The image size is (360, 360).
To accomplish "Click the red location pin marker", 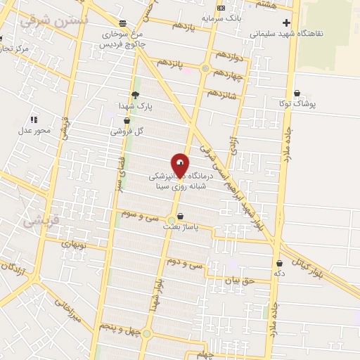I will click(180, 165).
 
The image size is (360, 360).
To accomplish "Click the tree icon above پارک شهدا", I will click(135, 95).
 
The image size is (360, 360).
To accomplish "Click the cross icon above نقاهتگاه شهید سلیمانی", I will click(286, 22).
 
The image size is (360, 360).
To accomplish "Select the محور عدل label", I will click(34, 130).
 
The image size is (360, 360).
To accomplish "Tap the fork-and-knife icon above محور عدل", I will click(34, 120).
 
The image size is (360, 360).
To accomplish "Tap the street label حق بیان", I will click(237, 279).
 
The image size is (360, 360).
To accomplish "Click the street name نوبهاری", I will click(72, 244).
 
